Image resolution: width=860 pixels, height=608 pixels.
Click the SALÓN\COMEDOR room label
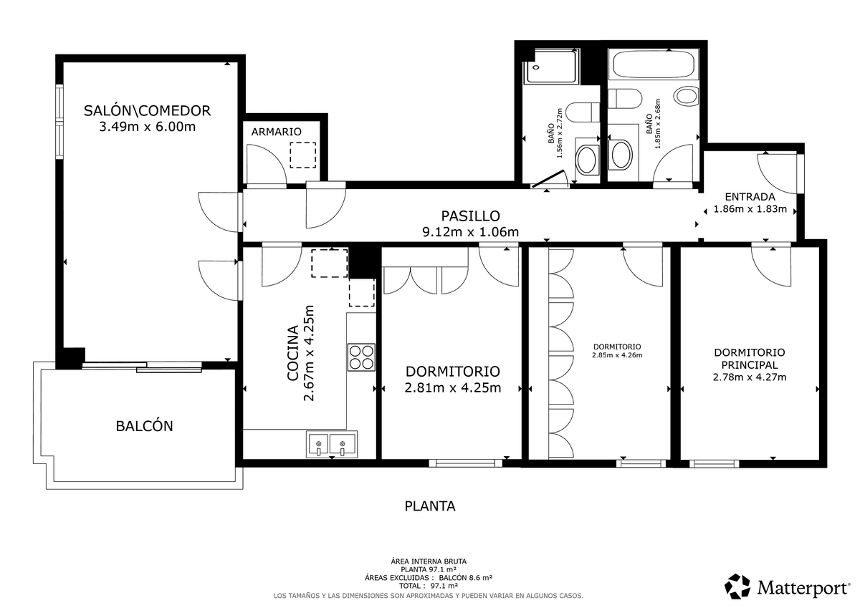point(147,110)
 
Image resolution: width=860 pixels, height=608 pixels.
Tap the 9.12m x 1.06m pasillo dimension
point(470,232)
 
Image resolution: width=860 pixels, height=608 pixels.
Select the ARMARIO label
point(276,132)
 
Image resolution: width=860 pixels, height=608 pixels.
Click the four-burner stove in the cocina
point(361,357)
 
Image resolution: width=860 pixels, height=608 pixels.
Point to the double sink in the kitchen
point(332,444)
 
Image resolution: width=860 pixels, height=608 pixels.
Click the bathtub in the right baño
point(653,64)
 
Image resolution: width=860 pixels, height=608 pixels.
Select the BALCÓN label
point(144,426)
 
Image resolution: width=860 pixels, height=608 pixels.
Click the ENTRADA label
point(750,196)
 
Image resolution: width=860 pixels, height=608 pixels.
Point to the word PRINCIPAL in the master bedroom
point(749,365)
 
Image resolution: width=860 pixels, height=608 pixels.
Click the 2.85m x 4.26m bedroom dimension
point(617,354)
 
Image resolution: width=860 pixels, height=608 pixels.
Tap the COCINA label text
point(292,353)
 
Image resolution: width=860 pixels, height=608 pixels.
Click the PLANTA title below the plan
point(430,506)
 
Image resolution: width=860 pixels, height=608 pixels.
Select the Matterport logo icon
point(737,586)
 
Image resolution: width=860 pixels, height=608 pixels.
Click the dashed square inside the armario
point(302,155)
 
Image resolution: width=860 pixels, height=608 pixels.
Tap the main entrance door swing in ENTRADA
point(777,173)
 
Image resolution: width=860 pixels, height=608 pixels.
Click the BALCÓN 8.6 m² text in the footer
point(466,577)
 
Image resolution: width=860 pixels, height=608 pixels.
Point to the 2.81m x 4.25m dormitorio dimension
point(453,387)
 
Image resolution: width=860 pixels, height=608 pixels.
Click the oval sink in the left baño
point(586,158)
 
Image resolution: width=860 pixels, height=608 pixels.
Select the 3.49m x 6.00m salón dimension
point(148,126)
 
